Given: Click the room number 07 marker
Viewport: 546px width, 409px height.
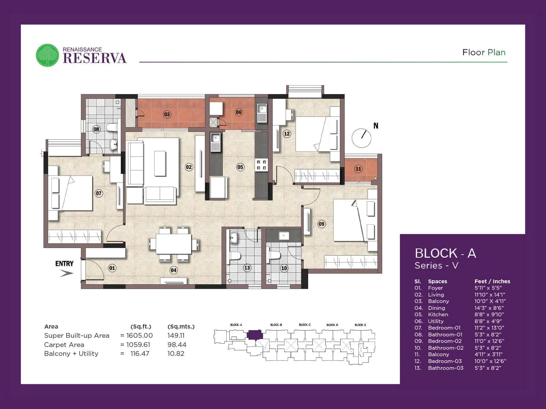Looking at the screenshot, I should [99, 193].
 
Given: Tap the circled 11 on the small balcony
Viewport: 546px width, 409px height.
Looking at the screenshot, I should [358, 169].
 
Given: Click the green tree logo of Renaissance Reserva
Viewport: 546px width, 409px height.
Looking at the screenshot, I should [47, 55].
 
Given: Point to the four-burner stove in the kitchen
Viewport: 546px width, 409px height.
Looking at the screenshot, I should [262, 165].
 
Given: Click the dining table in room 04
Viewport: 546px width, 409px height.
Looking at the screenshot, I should [174, 244].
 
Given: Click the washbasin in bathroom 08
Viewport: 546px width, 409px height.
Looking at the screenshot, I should [114, 145].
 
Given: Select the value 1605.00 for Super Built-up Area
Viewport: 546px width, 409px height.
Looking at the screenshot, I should [140, 335].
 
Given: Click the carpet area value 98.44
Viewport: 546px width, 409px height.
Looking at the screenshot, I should [177, 345].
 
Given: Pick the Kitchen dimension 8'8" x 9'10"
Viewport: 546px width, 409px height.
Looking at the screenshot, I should [489, 314].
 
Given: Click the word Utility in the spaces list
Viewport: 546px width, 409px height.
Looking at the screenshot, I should [436, 321].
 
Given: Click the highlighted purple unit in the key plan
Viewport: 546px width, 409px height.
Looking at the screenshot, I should [255, 334].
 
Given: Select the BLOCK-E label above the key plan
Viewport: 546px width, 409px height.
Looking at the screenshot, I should [360, 325].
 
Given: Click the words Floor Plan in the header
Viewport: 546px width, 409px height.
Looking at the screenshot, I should [484, 52].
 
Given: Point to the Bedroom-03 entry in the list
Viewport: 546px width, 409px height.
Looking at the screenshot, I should [445, 361].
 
